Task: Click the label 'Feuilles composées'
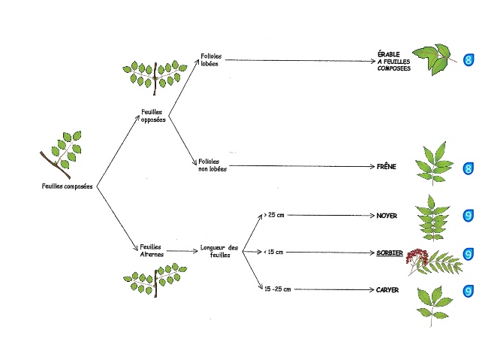pyautogui.click(x=68, y=187)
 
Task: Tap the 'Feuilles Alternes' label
pyautogui.click(x=152, y=250)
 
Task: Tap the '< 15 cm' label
pyautogui.click(x=273, y=252)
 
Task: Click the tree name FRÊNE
pyautogui.click(x=386, y=166)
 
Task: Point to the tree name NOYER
pyautogui.click(x=387, y=216)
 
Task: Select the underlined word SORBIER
pyautogui.click(x=389, y=253)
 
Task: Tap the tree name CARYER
pyautogui.click(x=387, y=289)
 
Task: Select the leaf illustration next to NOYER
pyautogui.click(x=434, y=216)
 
